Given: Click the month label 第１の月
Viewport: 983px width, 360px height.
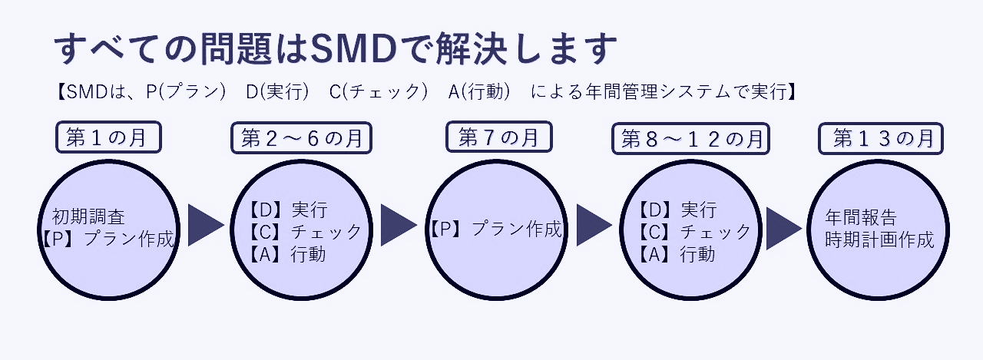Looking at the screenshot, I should (x=108, y=138).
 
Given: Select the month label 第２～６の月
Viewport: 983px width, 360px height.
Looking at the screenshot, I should (x=301, y=138).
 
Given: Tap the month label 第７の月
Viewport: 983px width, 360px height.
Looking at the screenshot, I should (x=498, y=137).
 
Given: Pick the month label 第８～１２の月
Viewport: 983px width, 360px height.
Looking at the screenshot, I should (x=691, y=139).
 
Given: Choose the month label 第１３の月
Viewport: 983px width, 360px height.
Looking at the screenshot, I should (x=883, y=138).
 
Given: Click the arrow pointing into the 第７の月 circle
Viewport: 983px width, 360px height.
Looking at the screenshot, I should (x=396, y=225).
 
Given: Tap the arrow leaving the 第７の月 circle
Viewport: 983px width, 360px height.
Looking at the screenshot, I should (x=592, y=225).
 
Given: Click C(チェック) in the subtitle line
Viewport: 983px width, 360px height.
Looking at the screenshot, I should (x=378, y=91).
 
